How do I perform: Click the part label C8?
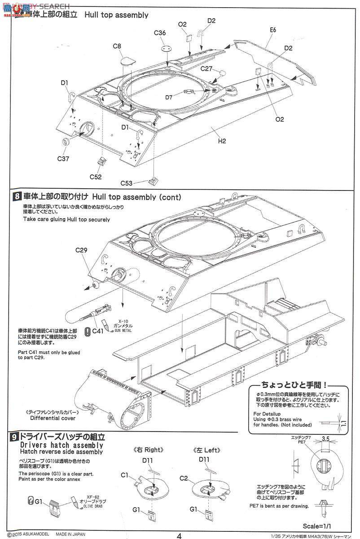click(x=118, y=46)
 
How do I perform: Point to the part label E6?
click(x=273, y=31)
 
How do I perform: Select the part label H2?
click(x=222, y=141)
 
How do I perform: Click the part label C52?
click(x=95, y=177)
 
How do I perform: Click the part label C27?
click(x=207, y=69)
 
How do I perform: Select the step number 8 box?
click(x=17, y=197)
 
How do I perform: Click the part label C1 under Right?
click(x=125, y=475)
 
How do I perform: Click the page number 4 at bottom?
click(x=180, y=535)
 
